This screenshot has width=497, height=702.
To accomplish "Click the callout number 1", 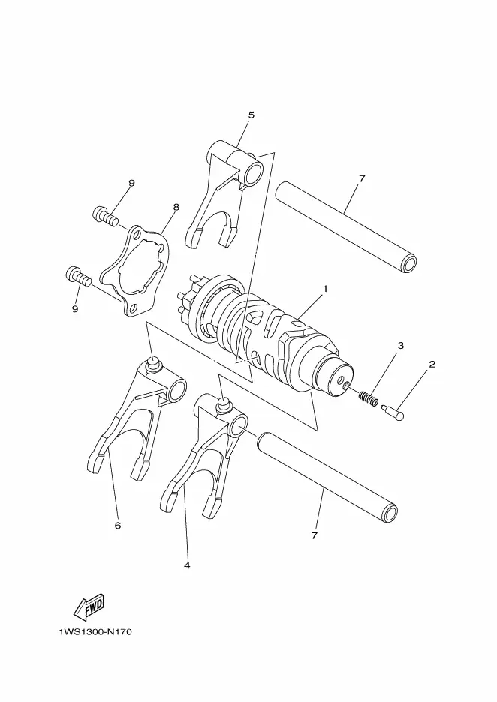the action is [325, 289].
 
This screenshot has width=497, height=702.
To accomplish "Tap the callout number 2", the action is [432, 364].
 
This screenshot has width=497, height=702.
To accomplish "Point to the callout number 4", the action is [187, 565].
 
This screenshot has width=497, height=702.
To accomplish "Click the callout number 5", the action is [251, 115].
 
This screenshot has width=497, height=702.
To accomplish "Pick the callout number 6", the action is [117, 525].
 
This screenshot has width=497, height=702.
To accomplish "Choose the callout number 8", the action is [176, 207].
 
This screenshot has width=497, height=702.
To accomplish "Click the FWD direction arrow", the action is [89, 607].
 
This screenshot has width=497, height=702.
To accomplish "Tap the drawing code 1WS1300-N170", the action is [95, 632].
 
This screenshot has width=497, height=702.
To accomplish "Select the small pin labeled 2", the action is [393, 411].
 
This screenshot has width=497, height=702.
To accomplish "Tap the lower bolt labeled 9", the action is [78, 275].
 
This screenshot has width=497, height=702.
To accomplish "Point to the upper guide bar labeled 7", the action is [346, 227].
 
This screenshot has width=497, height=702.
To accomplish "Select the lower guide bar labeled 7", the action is [327, 477].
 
